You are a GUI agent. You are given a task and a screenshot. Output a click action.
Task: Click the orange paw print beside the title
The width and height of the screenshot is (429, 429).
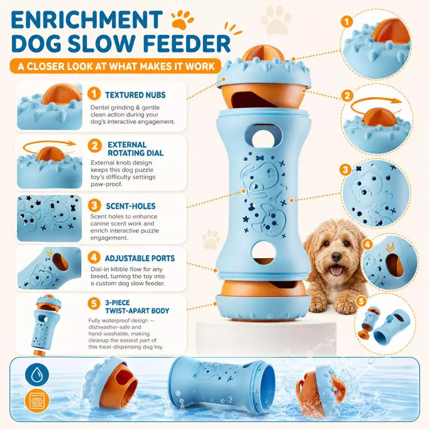(182, 20)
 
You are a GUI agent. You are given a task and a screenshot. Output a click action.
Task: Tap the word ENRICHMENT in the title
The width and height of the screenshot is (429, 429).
(87, 20)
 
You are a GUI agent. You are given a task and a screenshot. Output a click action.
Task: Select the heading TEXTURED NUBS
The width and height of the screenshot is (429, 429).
(135, 95)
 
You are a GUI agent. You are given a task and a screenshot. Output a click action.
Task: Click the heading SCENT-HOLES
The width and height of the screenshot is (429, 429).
(131, 206)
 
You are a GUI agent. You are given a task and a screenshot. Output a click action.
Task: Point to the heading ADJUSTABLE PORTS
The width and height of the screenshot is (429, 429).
(140, 258)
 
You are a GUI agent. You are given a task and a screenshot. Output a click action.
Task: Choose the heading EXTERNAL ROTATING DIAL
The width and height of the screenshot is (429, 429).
(135, 149)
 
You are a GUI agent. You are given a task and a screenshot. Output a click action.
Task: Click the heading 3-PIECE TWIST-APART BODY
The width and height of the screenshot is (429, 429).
(137, 307)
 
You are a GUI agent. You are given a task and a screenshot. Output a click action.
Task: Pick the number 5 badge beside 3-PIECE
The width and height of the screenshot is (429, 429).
(94, 303)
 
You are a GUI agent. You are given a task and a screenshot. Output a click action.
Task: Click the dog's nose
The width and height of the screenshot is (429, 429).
(336, 257)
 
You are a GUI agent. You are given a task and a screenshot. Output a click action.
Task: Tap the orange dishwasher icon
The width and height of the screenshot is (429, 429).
(37, 401)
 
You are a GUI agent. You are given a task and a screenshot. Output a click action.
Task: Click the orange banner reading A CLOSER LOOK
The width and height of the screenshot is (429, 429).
(115, 66)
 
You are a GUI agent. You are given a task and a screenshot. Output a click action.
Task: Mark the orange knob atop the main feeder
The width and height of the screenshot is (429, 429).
(263, 54)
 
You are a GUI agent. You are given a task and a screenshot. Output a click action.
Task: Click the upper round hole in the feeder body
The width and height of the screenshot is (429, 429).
(263, 140)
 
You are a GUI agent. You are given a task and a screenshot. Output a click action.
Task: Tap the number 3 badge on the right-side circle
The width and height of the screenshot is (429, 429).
(346, 170)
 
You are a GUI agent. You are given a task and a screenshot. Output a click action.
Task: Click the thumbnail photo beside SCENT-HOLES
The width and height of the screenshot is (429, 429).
(49, 218)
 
